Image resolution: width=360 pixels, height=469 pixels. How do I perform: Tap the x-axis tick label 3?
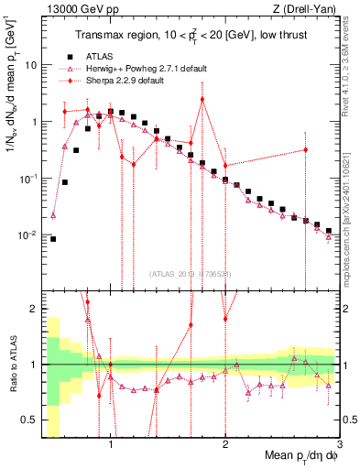[x=340, y=443]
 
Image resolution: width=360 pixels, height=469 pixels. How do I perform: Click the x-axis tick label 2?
[x=225, y=443]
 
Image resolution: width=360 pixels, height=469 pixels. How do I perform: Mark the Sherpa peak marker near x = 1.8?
[x=202, y=99]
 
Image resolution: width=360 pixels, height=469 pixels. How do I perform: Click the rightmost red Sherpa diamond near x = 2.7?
[x=306, y=149]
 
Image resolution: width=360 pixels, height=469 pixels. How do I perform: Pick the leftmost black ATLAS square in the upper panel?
[x=53, y=239]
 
